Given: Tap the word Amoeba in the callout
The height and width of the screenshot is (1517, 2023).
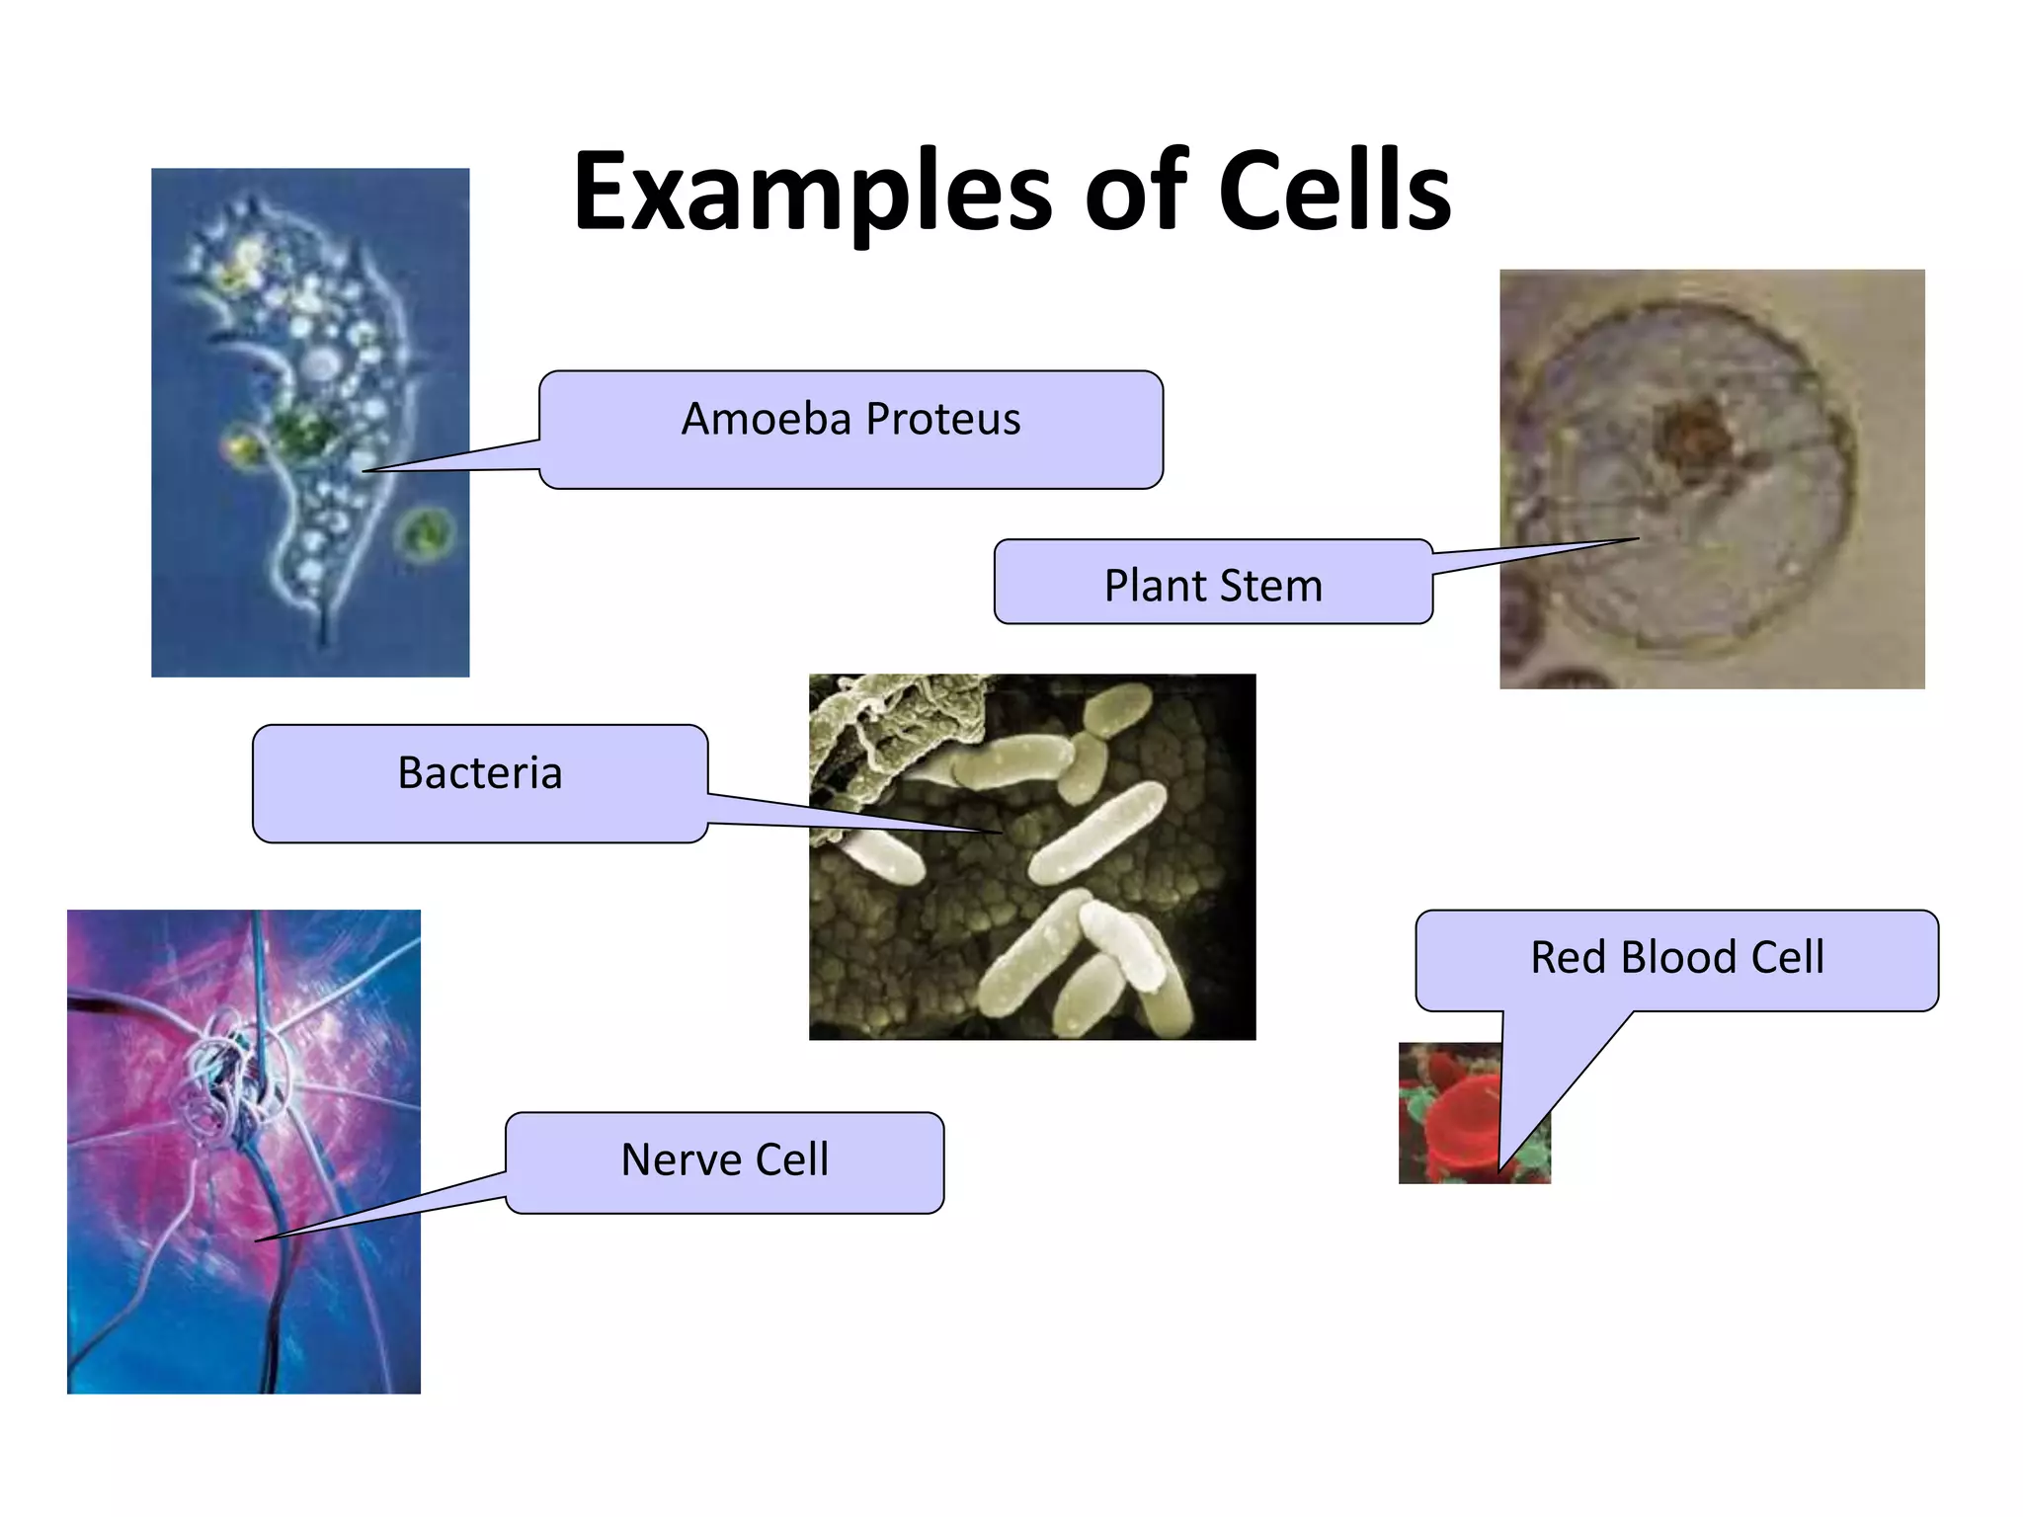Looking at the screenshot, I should click(766, 419).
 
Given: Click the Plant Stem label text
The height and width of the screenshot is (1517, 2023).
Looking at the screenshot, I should click(1212, 586).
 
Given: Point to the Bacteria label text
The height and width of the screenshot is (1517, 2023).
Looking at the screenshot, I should click(479, 772).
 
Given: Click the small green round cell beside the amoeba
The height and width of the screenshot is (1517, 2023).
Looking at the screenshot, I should click(426, 535).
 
